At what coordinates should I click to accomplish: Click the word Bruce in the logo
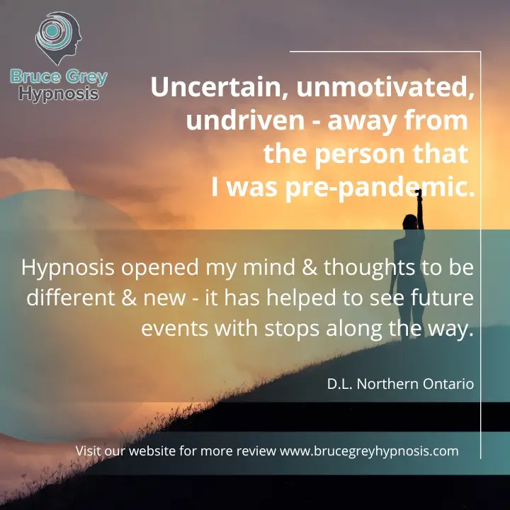tap(35, 76)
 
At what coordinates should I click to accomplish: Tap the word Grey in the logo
tap(86, 77)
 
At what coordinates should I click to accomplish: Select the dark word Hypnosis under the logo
tap(59, 95)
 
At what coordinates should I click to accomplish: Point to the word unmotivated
tap(385, 87)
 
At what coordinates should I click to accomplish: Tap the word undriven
tap(245, 120)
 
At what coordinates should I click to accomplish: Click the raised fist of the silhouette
tap(419, 193)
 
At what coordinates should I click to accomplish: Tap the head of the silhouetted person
tap(410, 222)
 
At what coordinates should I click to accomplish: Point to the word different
tap(71, 297)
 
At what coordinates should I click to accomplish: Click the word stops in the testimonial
tap(292, 329)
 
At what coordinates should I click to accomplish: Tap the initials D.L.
tap(340, 384)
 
